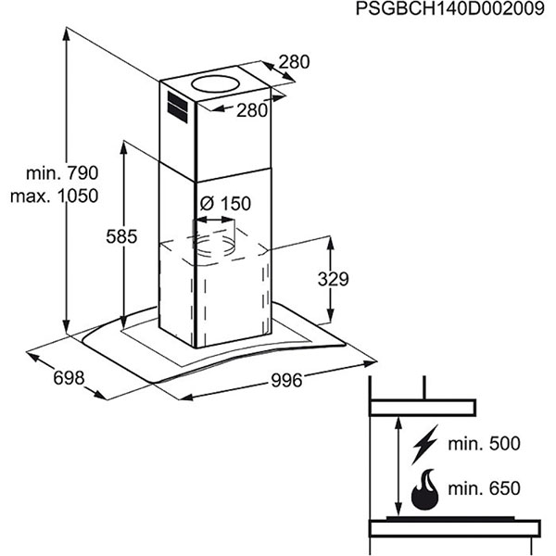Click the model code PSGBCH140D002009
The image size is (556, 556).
pos(450,9)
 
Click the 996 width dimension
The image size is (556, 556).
pos(286,381)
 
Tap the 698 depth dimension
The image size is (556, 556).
pos(69,378)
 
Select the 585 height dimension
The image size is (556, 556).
pos(121,236)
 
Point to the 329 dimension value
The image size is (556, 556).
pos(333,279)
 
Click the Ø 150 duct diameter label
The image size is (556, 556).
pos(225,204)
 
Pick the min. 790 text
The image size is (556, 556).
pos(62,173)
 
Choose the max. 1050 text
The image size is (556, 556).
pos(55,196)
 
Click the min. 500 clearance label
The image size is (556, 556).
pos(484,444)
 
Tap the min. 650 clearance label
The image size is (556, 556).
pos(484,488)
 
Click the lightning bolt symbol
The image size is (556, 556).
pos(424,445)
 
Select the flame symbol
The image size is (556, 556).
pos(424,489)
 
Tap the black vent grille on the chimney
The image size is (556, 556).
pos(177,107)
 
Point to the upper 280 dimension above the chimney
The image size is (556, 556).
pos(294,62)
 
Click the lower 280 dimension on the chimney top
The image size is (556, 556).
pos(252,110)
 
